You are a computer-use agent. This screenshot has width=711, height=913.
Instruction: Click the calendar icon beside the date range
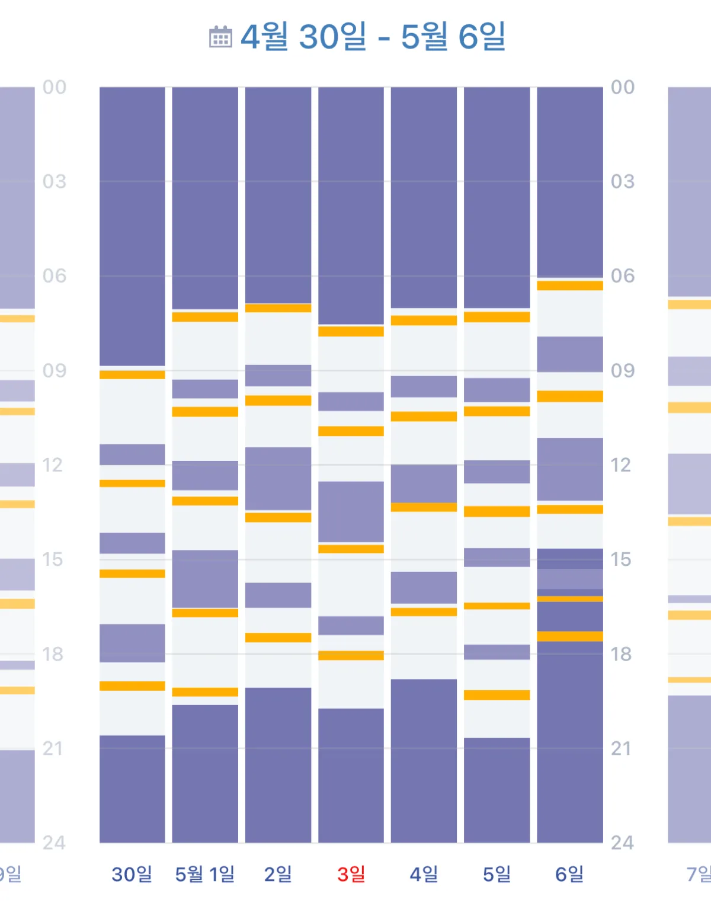(x=220, y=37)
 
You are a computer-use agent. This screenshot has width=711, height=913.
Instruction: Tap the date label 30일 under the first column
(x=132, y=874)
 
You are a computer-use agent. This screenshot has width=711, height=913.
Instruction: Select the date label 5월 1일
(x=205, y=874)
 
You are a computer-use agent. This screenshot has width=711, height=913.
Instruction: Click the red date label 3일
(x=351, y=874)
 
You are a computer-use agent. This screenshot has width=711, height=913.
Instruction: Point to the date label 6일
(x=569, y=874)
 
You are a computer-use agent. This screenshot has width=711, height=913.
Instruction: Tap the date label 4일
(x=424, y=874)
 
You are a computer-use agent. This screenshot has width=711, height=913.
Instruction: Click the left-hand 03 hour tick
(x=54, y=181)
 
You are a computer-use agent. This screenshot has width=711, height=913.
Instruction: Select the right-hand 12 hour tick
(x=621, y=465)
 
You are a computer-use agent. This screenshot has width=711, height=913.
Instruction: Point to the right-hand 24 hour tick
(x=622, y=843)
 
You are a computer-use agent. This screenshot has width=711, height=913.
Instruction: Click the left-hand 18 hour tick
(x=53, y=654)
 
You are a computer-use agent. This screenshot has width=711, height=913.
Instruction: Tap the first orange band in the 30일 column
(x=132, y=375)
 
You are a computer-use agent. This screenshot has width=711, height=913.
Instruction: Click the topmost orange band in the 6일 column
(x=570, y=286)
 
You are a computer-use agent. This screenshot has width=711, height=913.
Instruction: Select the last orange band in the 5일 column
(x=497, y=695)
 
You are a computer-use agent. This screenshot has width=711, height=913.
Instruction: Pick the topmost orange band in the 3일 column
(x=351, y=331)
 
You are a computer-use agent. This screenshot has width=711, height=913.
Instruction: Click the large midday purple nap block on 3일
(x=351, y=512)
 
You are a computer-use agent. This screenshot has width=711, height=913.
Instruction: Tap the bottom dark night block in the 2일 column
(x=278, y=765)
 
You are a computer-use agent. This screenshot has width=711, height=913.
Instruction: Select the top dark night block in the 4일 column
(x=424, y=197)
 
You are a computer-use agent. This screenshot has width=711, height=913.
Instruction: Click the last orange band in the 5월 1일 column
(x=205, y=692)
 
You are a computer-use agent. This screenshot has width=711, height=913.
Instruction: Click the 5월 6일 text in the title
(x=453, y=37)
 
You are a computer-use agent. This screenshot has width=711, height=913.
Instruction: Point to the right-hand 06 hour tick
(x=622, y=276)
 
